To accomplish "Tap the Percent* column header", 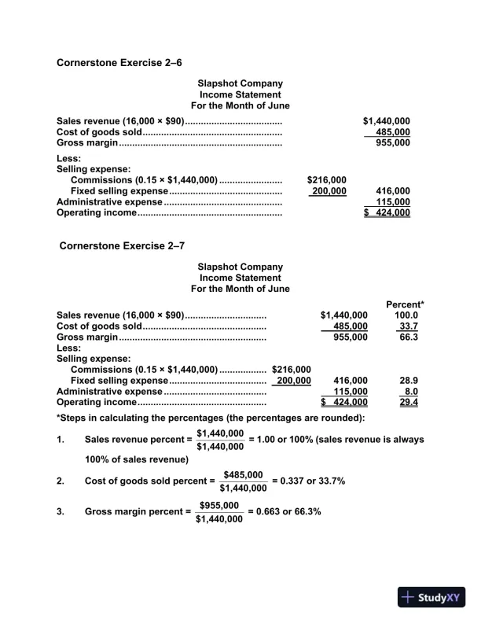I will coord(406,304).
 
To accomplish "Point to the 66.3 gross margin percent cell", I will coord(407,337).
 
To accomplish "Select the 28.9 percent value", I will coord(408,380).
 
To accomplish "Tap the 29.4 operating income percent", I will coord(408,402).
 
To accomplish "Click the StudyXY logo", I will coord(431,596).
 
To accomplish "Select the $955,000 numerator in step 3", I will coord(218,504).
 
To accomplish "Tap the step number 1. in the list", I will coord(61,440).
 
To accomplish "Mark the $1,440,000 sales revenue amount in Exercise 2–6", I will coord(386,121).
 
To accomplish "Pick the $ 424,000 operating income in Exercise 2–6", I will coord(387,212).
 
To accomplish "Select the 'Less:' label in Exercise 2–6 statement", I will coord(69,157).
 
